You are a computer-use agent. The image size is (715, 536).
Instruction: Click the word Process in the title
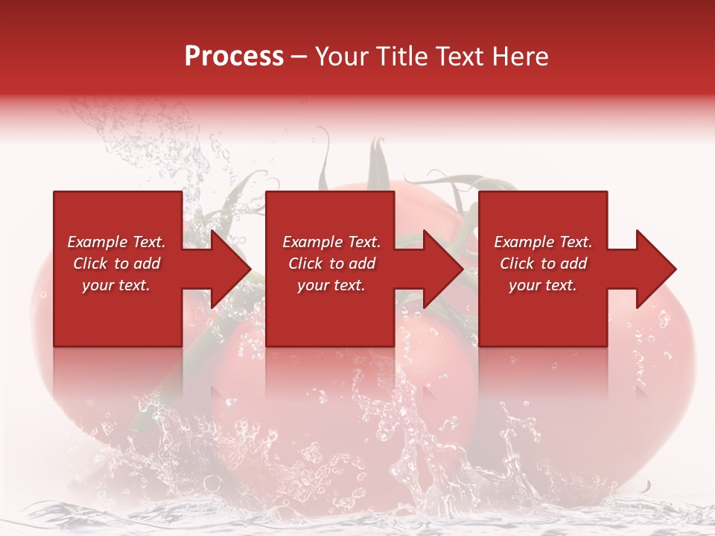(234, 57)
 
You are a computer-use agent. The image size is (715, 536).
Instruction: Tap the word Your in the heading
(342, 57)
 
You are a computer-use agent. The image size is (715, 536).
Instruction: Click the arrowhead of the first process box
(227, 269)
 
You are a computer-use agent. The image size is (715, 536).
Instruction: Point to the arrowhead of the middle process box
(440, 269)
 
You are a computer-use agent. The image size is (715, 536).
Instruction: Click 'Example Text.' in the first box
(116, 242)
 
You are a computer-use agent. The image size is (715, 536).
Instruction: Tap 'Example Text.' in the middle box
(331, 242)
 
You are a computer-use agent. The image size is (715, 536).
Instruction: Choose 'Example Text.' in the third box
(543, 242)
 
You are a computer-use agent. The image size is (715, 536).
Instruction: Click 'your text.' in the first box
(116, 285)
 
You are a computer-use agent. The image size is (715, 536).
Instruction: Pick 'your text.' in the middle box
(331, 285)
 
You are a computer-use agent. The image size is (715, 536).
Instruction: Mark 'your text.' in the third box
(543, 285)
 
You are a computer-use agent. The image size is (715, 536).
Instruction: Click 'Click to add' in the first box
(116, 264)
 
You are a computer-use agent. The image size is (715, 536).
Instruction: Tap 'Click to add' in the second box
(331, 264)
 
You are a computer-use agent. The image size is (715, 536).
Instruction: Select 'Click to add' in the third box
(543, 264)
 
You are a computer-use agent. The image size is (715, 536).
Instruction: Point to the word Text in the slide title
(456, 57)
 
